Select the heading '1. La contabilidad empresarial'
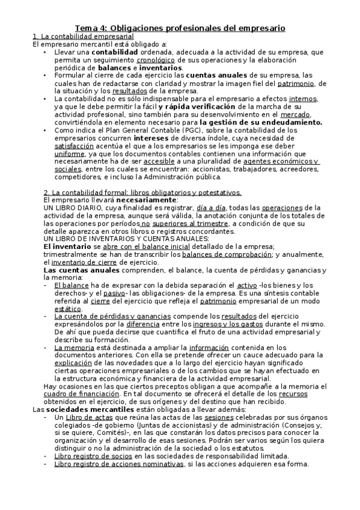(x=83, y=37)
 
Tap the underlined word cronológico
(x=156, y=60)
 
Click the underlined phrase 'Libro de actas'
(x=87, y=417)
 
